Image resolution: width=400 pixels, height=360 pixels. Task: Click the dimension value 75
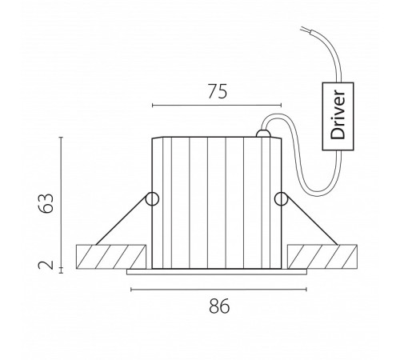[218, 91]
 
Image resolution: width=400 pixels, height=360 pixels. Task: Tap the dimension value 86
[219, 306]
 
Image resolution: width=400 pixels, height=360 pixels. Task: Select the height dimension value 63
[46, 203]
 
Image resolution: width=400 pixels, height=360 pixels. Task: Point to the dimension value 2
[46, 265]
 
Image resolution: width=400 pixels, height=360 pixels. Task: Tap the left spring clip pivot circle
[152, 199]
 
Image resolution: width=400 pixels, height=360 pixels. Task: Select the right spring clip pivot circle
[281, 199]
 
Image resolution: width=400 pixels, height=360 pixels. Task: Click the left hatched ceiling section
[111, 257]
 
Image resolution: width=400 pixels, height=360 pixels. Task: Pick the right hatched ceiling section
[322, 257]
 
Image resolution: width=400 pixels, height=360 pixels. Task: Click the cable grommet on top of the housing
[263, 134]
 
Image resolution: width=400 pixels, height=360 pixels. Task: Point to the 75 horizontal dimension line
[217, 106]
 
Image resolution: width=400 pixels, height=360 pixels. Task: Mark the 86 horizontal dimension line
[218, 290]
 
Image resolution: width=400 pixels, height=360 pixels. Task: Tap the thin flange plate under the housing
[217, 272]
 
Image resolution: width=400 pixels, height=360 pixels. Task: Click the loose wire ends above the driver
[306, 29]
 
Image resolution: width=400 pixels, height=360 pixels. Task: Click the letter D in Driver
[338, 134]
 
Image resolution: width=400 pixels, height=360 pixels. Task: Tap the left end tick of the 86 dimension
[131, 290]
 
